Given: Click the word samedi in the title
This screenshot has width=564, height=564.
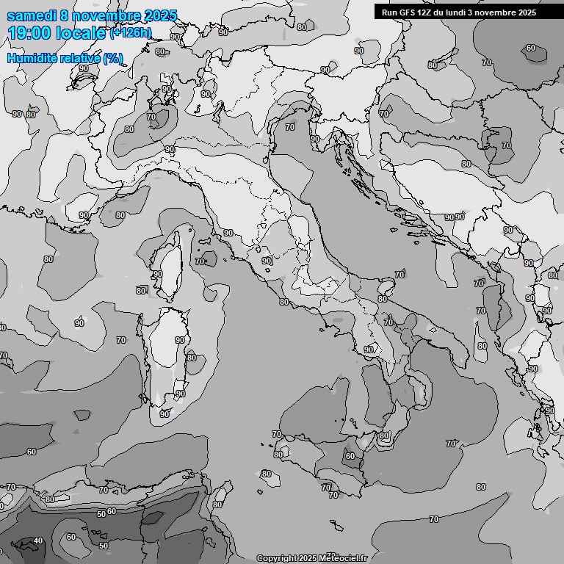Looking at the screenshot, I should click(31, 15).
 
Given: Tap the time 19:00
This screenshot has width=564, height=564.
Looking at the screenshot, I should click(29, 33).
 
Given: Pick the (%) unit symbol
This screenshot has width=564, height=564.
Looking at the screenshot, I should click(113, 58).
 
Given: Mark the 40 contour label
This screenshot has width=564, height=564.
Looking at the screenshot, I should click(38, 541).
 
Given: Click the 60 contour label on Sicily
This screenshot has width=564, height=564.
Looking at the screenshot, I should click(350, 456).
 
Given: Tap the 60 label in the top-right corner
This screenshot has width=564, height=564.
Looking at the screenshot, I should click(531, 48).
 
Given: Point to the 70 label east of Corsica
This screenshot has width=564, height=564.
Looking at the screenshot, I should click(200, 261).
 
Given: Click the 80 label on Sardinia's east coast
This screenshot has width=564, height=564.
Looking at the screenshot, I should click(192, 358).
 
